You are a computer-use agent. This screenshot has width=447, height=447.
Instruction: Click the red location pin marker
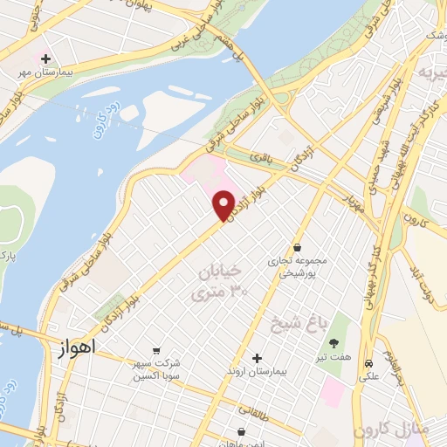pos(223,205)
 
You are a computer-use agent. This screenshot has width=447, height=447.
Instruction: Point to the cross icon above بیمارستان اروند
pos(257,357)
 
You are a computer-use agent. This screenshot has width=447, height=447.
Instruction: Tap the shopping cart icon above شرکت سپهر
pos(156,352)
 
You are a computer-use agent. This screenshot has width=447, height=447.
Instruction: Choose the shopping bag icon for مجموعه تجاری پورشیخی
pos(299,247)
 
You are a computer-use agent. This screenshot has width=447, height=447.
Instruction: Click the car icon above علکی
pos(369,362)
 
